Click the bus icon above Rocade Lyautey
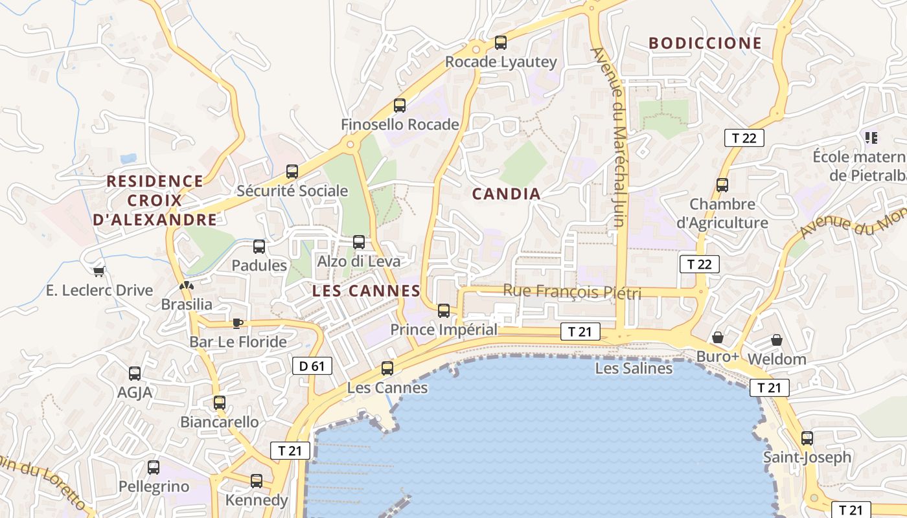500,43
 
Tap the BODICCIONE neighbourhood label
705,43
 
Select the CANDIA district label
506,194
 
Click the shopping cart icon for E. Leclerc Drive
99,271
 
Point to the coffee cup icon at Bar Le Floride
238,323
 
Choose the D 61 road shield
312,366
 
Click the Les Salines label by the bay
634,368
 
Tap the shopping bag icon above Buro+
717,337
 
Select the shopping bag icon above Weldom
776,340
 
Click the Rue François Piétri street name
572,292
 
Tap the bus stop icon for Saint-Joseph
807,438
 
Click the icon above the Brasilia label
187,286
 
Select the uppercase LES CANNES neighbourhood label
366,291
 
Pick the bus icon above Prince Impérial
444,311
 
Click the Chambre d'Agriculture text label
722,214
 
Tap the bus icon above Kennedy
257,481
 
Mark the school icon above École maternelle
871,137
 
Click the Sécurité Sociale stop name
292,191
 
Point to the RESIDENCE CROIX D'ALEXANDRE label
155,200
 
